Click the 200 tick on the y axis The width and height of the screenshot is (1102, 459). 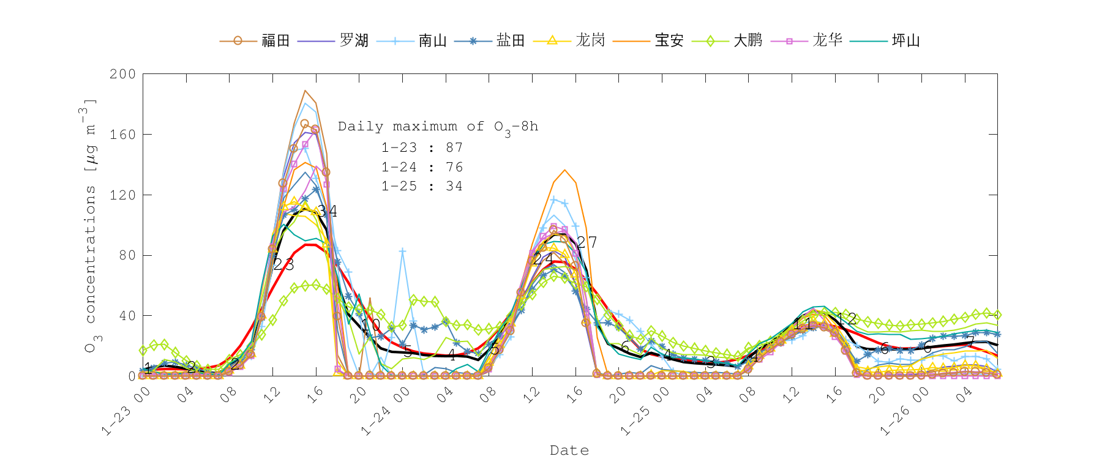(122, 74)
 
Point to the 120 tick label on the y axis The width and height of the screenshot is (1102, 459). (122, 195)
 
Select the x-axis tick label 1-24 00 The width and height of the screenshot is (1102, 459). (384, 411)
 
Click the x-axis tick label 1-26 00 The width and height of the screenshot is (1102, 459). (904, 411)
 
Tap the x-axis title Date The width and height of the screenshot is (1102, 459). (569, 450)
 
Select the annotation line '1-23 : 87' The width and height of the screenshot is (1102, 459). (422, 147)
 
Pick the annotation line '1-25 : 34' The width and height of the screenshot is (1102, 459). (422, 186)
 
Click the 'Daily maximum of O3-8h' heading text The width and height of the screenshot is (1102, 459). (438, 127)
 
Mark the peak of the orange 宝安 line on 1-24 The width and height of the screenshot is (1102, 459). (564, 170)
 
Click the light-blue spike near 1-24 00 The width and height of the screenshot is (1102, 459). (402, 251)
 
